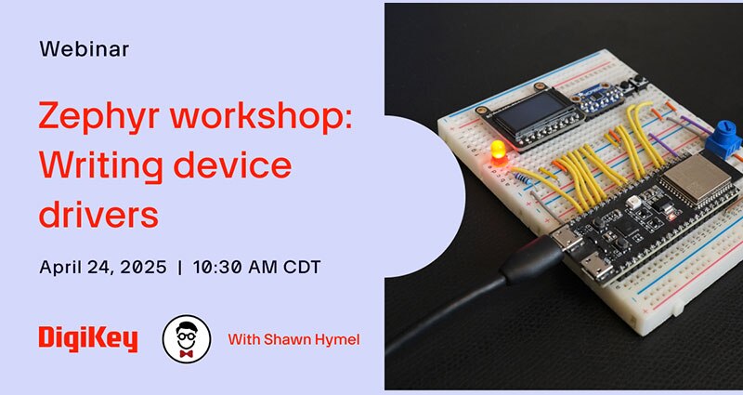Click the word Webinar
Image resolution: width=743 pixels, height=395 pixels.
click(x=84, y=49)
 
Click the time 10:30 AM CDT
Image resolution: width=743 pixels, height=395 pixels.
click(x=255, y=267)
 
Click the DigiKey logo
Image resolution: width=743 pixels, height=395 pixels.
click(x=88, y=339)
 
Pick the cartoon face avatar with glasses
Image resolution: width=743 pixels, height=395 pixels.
click(x=186, y=339)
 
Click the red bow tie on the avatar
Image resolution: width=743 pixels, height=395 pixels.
click(x=186, y=353)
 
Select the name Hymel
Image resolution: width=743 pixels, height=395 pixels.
click(x=335, y=339)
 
